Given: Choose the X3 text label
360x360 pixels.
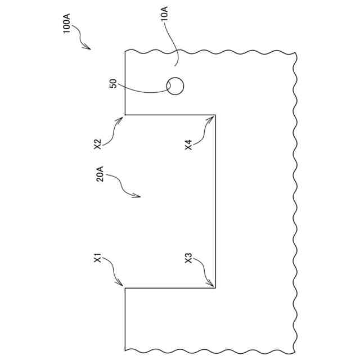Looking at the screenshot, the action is coord(188,259).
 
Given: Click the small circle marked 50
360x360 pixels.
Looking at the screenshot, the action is coord(175,86).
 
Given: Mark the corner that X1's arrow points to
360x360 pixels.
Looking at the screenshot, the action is coord(125,288).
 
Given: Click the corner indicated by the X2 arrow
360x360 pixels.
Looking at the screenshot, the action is coord(125,115).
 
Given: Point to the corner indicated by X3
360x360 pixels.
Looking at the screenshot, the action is coord(215,288).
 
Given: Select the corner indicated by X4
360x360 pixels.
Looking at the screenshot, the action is coord(215,115).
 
